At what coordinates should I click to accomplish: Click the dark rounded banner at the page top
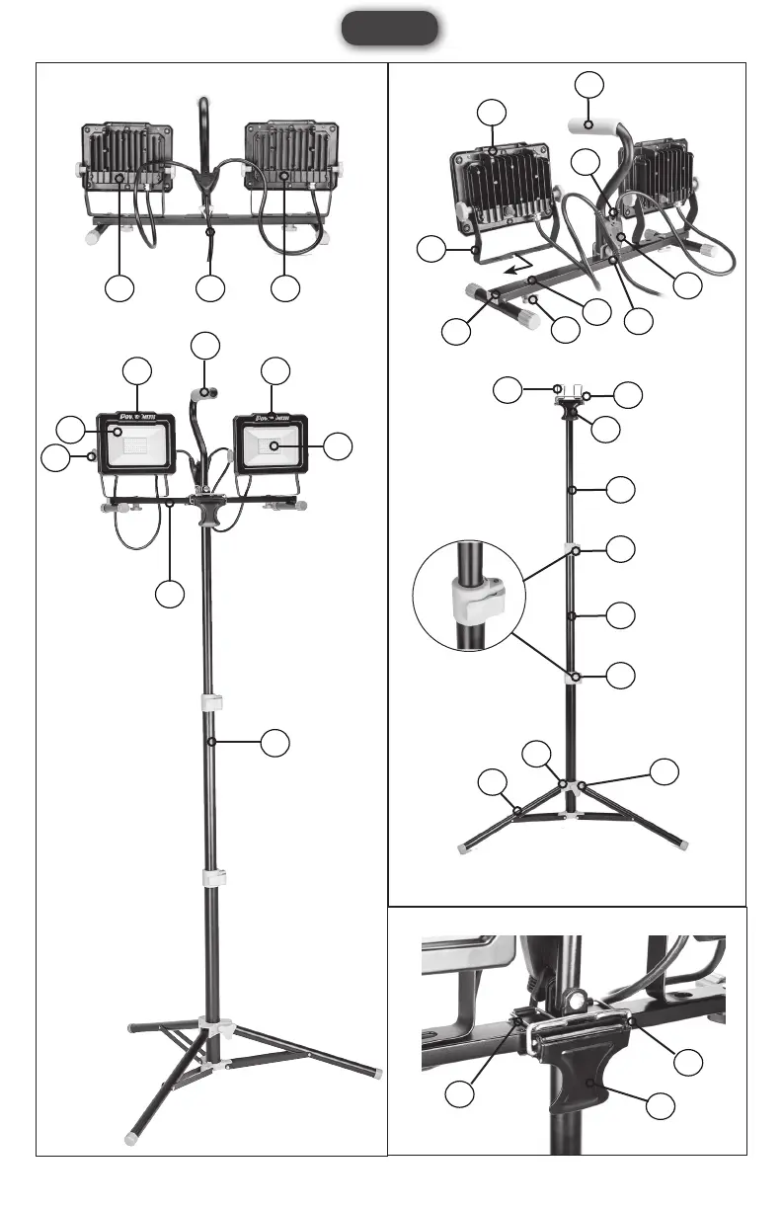tap(390, 29)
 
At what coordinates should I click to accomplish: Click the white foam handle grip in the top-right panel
tap(591, 125)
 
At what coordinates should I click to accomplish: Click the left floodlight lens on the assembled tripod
tap(134, 445)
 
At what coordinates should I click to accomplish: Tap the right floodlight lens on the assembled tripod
tap(270, 445)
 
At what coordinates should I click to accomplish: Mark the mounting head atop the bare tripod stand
tap(572, 403)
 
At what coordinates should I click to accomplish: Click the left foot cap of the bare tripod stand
tap(464, 846)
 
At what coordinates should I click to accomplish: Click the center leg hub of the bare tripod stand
tap(567, 787)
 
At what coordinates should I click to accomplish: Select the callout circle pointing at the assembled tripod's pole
tap(279, 743)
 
